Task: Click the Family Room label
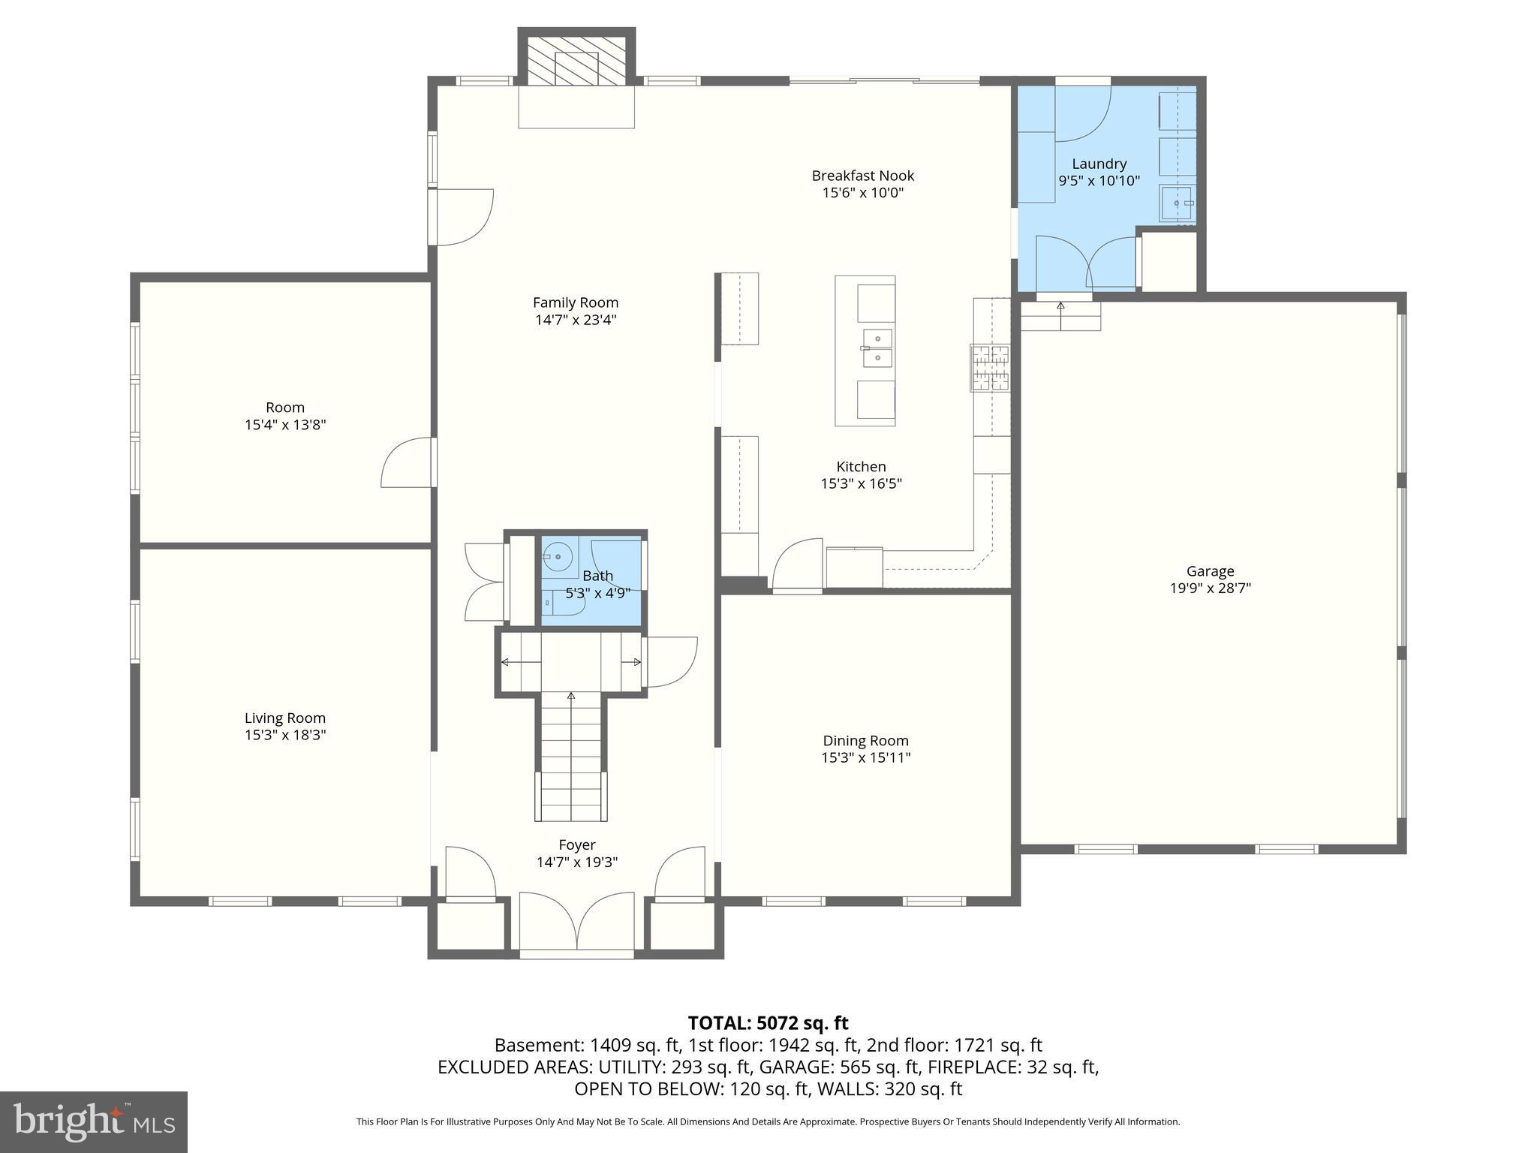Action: pyautogui.click(x=575, y=303)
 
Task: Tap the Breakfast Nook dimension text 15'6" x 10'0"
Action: pyautogui.click(x=862, y=193)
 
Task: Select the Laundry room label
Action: pyautogui.click(x=1099, y=164)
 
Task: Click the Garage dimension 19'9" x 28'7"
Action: pyautogui.click(x=1210, y=589)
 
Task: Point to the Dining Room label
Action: pyautogui.click(x=865, y=741)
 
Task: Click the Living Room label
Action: pyautogui.click(x=284, y=718)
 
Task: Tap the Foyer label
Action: pyautogui.click(x=576, y=845)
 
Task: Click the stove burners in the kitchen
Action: pyautogui.click(x=990, y=368)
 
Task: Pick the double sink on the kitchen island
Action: pyautogui.click(x=877, y=348)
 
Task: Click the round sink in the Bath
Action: pyautogui.click(x=558, y=557)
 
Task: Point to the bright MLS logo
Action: pyautogui.click(x=93, y=1121)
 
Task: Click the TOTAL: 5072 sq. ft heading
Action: pyautogui.click(x=768, y=1023)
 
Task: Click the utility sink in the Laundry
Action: pyautogui.click(x=1176, y=203)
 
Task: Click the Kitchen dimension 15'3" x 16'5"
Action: pyautogui.click(x=861, y=483)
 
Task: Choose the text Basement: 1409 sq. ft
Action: pyautogui.click(x=587, y=1045)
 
